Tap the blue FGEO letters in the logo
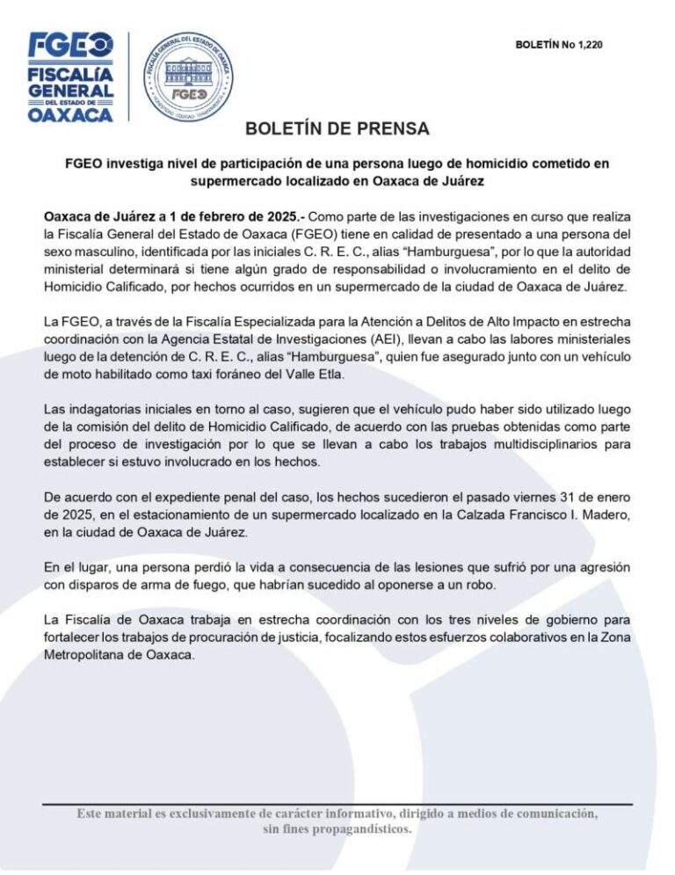pos(71,44)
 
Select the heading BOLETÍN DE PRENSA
pos(337,130)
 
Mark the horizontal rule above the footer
pos(337,805)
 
